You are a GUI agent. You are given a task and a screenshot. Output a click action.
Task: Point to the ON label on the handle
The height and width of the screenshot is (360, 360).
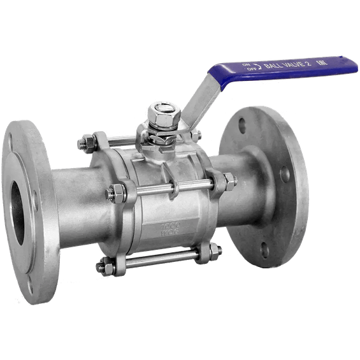[246, 64]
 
